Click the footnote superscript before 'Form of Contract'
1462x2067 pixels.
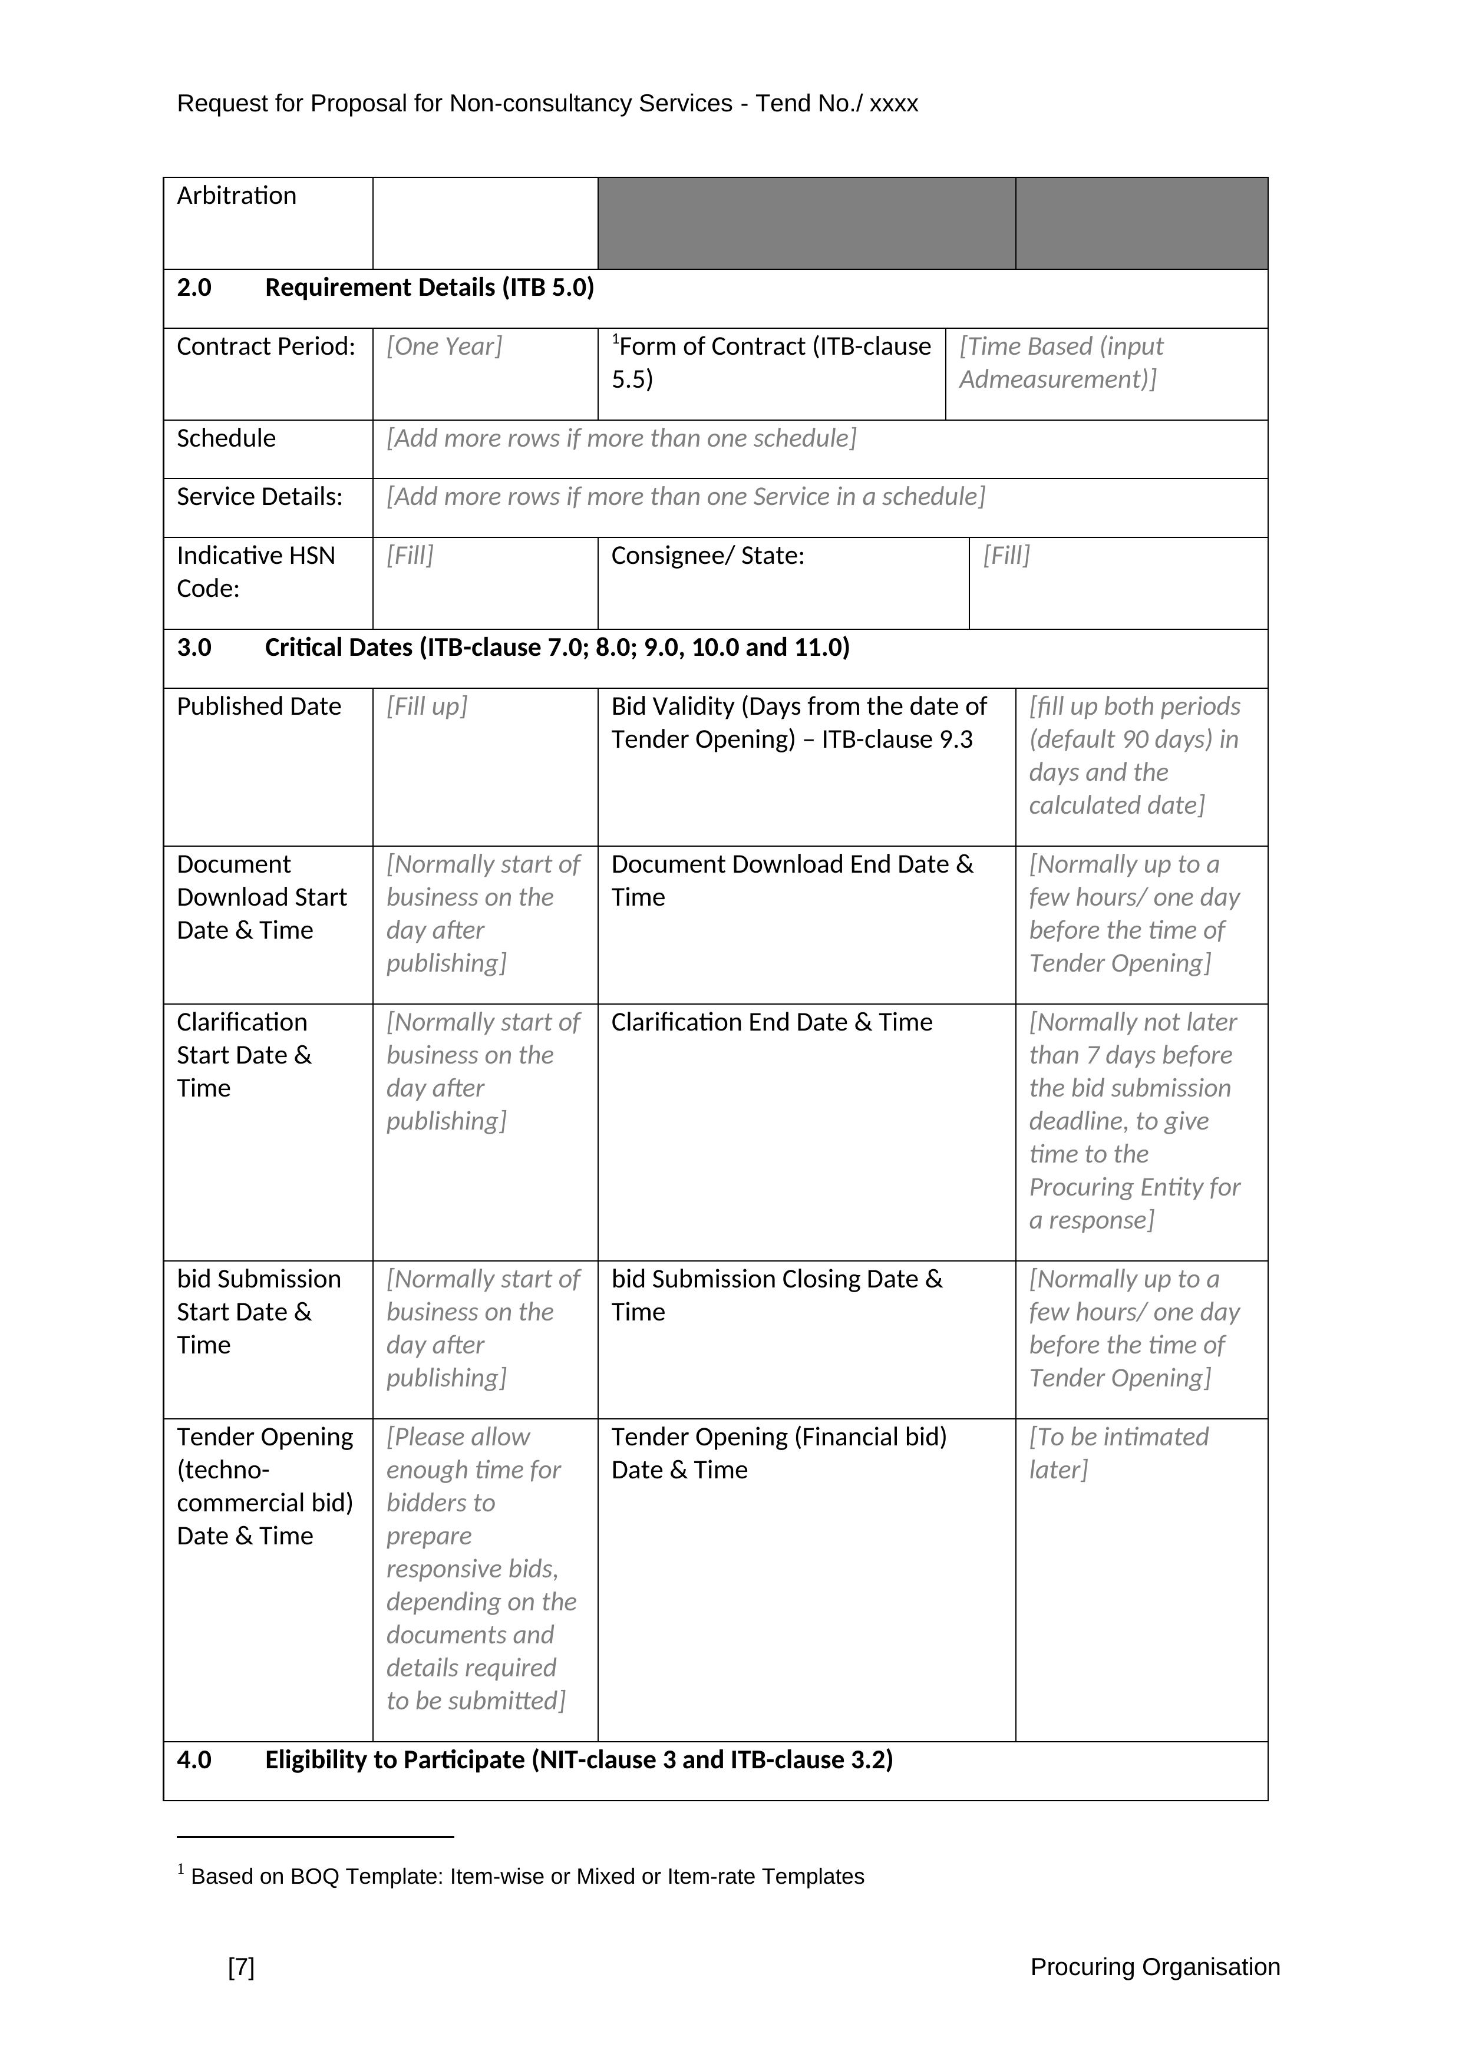coord(616,339)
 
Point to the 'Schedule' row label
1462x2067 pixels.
coord(226,438)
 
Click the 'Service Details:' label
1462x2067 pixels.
coord(259,497)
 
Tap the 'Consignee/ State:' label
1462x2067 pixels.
coord(708,556)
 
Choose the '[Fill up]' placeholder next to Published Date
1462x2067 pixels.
coord(427,706)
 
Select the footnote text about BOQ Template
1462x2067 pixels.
coord(527,1877)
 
